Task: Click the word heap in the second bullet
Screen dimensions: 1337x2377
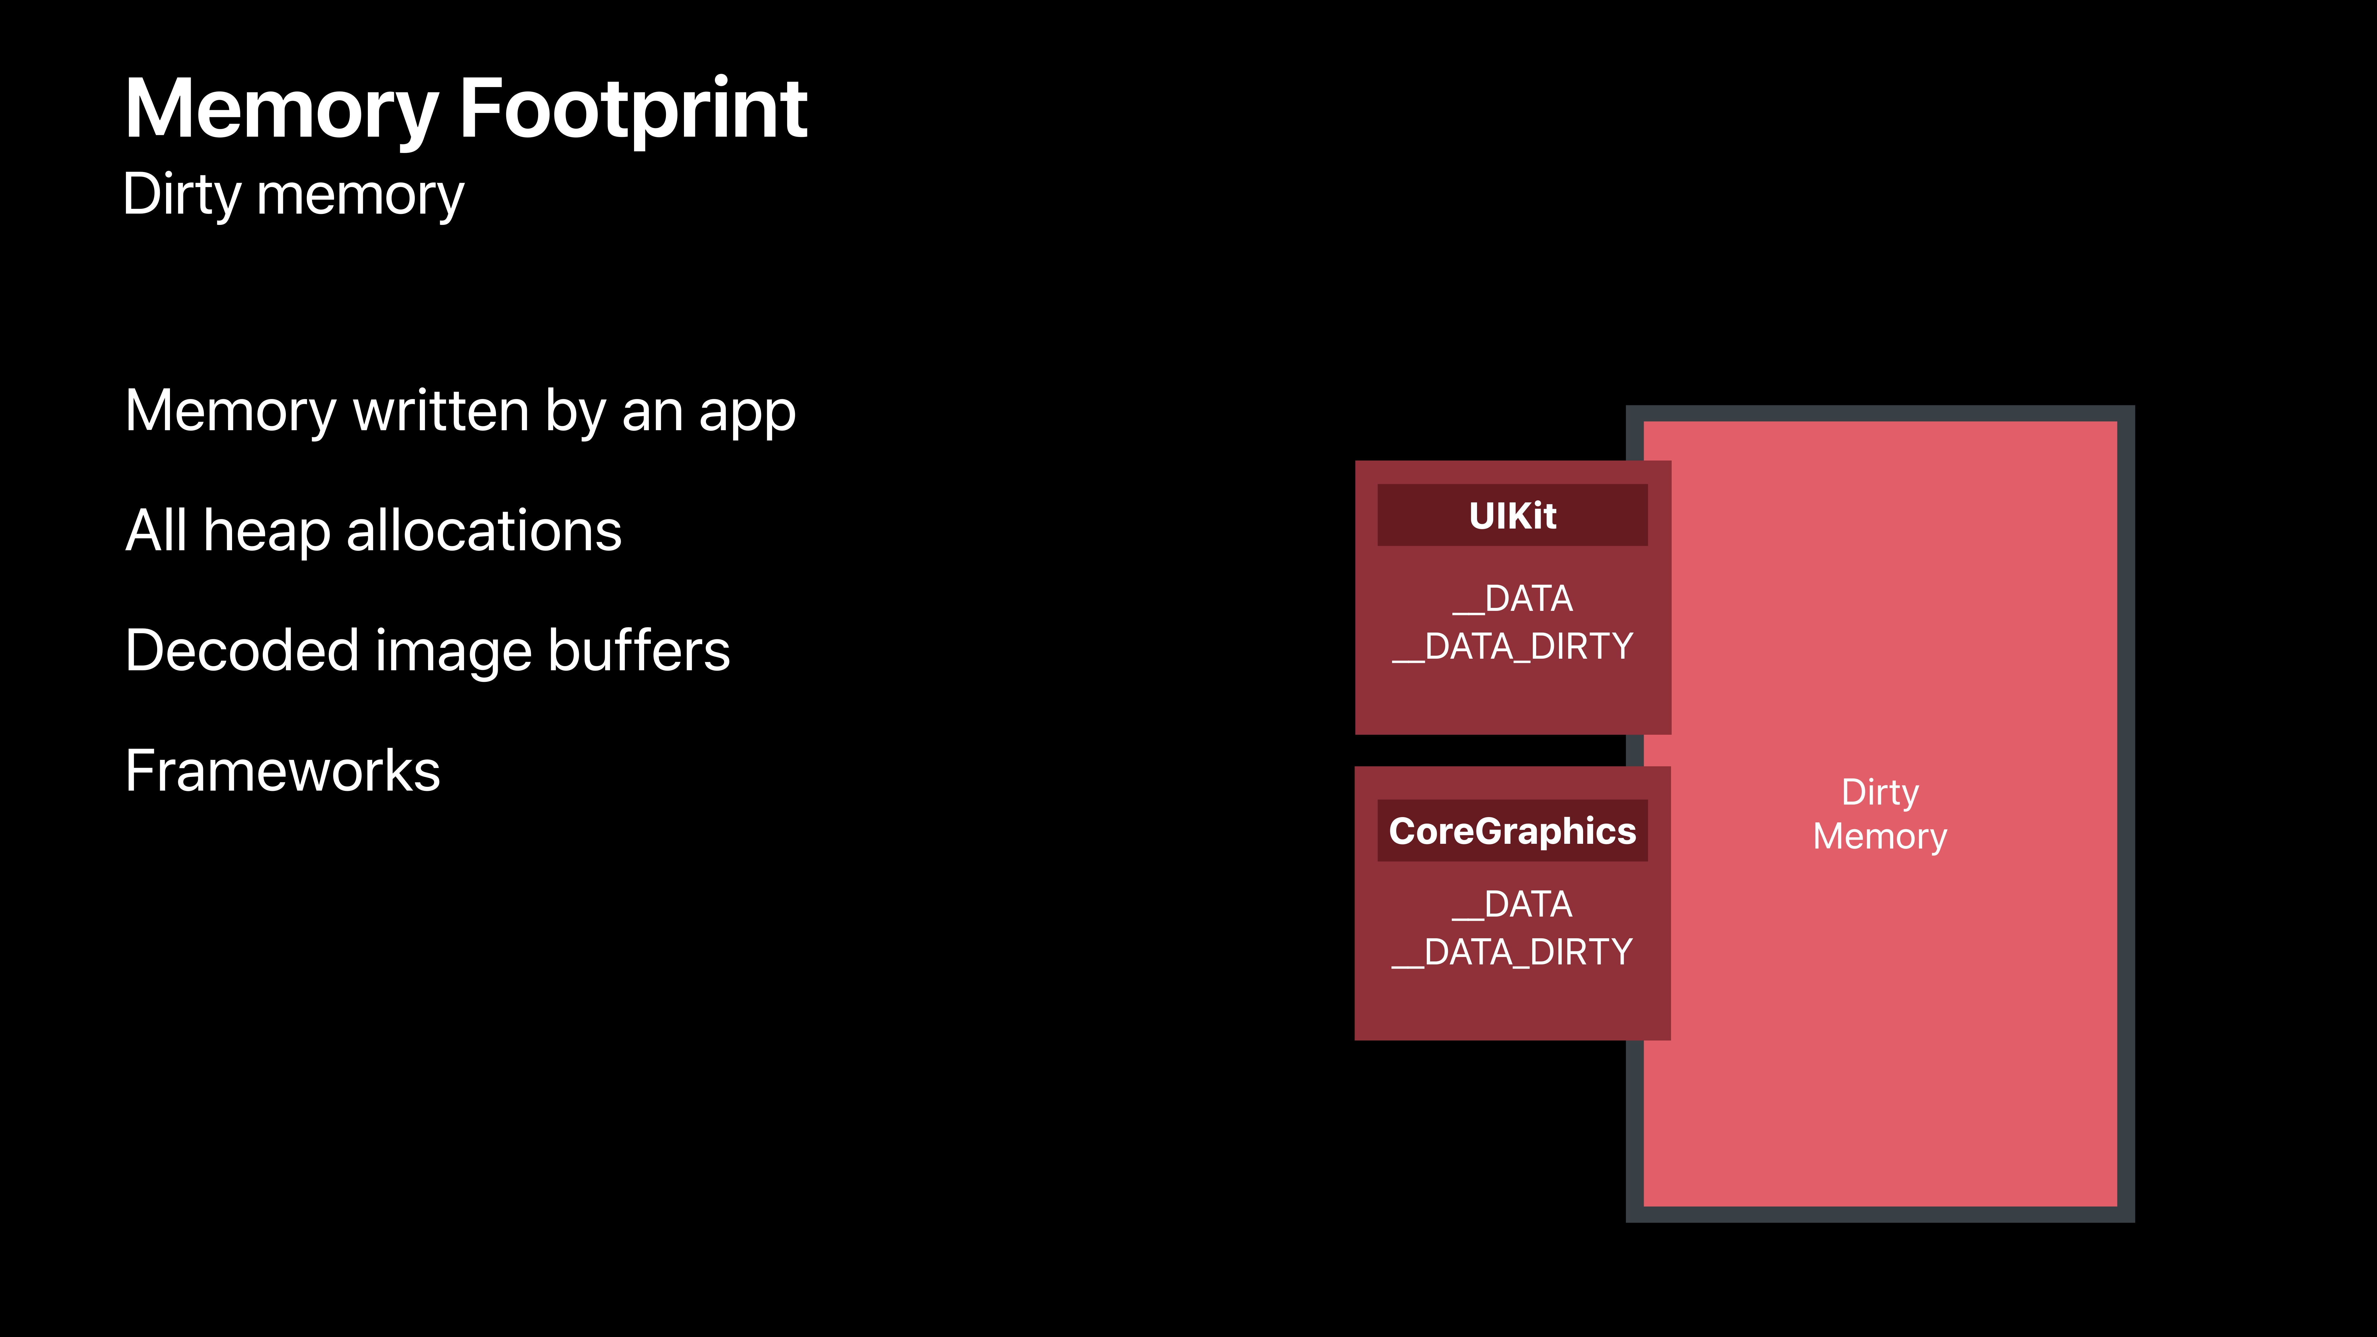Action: click(x=266, y=532)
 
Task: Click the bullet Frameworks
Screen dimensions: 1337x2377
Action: click(x=282, y=771)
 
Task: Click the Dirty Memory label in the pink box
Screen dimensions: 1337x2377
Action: click(x=1880, y=814)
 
